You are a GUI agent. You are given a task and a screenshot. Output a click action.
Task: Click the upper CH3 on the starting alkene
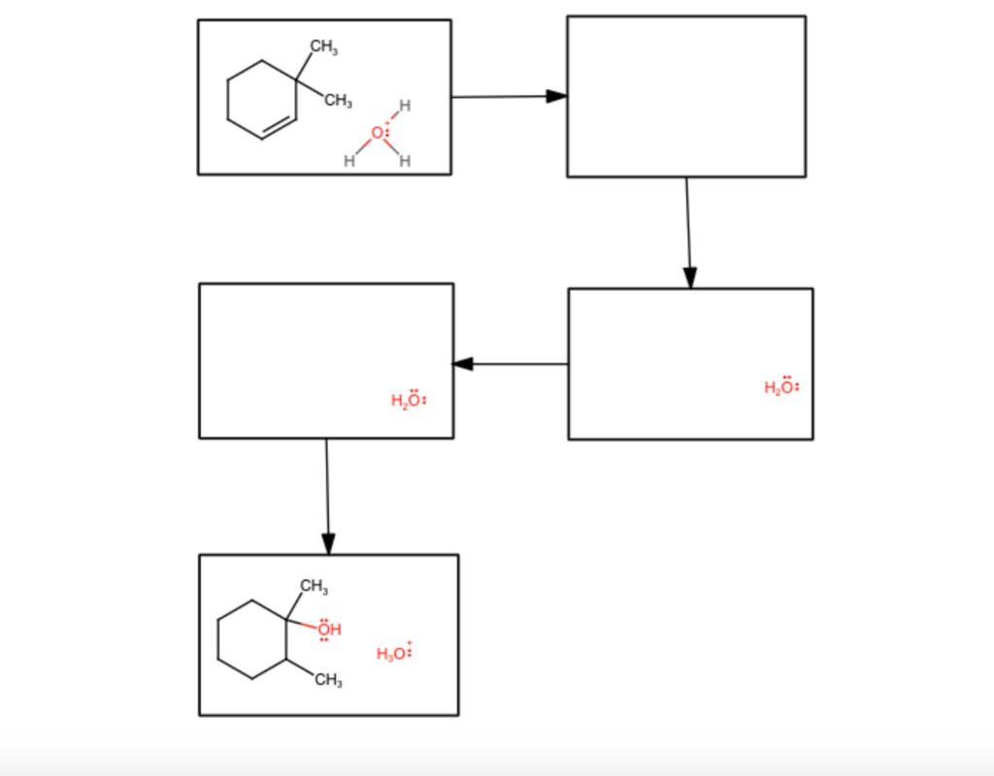[x=324, y=45]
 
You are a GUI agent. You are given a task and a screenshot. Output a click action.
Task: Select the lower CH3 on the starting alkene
[x=337, y=100]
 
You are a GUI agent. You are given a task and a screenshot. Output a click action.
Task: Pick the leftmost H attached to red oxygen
[x=348, y=161]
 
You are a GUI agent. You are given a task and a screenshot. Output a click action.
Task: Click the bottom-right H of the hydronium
[x=405, y=161]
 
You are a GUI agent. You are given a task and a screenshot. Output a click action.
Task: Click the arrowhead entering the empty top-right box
[x=556, y=96]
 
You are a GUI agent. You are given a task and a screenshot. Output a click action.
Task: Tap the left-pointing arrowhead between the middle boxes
[x=463, y=364]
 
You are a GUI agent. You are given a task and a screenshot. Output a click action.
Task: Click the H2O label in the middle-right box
[x=781, y=387]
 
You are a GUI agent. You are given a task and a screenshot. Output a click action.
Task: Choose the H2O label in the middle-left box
[x=408, y=401]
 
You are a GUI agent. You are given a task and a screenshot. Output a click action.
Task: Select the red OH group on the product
[x=330, y=630]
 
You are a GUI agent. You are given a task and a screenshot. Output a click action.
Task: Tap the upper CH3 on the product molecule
[x=314, y=586]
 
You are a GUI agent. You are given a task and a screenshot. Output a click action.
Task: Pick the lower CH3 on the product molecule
[x=328, y=681]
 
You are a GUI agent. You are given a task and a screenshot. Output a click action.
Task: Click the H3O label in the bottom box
[x=393, y=654]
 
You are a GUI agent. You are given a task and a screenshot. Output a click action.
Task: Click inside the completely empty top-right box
[x=685, y=96]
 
